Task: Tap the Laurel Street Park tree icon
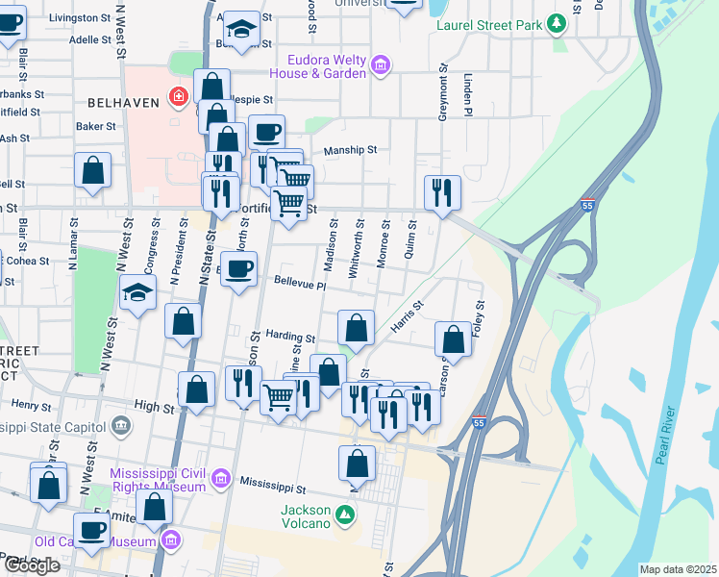[555, 23]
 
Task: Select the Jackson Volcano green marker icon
[344, 517]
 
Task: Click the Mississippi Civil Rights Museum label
[159, 480]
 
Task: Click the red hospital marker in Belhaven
[177, 96]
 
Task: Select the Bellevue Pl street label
[300, 284]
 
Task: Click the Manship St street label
[350, 150]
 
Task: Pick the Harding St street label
[290, 338]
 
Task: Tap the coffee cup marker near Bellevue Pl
[238, 268]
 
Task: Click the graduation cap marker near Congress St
[137, 291]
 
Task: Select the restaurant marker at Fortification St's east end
[442, 192]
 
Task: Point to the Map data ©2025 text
[678, 569]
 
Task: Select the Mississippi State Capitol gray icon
[120, 423]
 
